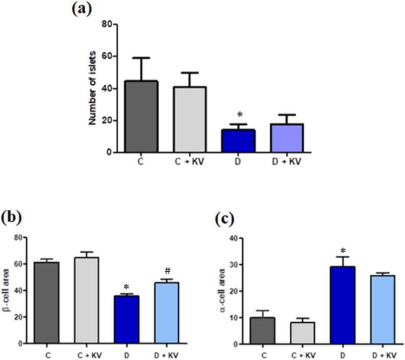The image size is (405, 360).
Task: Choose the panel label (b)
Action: [12, 218]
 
